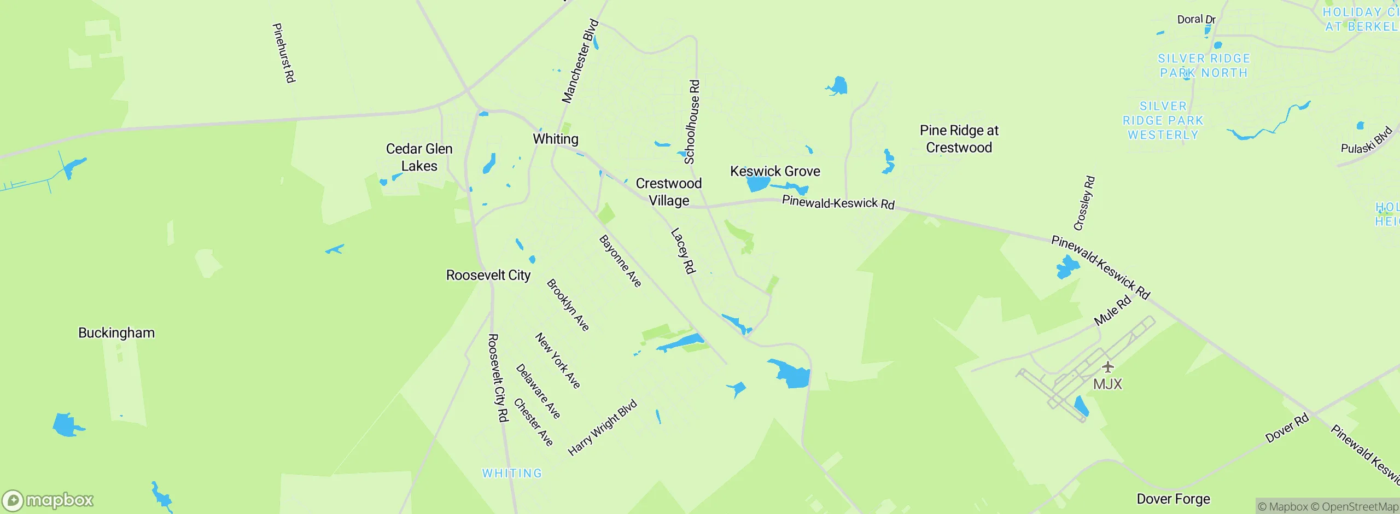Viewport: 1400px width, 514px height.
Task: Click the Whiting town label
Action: click(556, 139)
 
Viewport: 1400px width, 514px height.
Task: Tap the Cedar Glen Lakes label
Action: click(419, 157)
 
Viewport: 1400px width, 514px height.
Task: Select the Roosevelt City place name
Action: click(488, 275)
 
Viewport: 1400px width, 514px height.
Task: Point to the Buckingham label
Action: click(116, 333)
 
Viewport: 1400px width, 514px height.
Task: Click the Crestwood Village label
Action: click(669, 192)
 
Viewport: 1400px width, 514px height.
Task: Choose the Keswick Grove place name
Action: click(775, 171)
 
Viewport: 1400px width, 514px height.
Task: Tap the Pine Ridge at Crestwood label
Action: click(959, 139)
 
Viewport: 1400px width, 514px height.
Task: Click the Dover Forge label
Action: click(1173, 499)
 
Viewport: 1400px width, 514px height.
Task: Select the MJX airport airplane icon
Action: click(1108, 367)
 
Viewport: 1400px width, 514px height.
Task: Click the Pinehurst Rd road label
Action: click(284, 53)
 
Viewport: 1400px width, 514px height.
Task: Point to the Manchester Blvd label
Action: click(580, 61)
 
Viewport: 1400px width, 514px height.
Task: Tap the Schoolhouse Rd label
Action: click(692, 122)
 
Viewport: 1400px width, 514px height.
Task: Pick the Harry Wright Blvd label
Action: click(603, 428)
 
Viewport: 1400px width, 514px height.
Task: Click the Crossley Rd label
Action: click(1084, 203)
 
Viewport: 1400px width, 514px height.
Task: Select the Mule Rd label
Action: click(1112, 312)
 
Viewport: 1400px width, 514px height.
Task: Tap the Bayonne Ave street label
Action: click(620, 261)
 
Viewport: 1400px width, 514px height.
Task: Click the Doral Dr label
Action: click(1196, 20)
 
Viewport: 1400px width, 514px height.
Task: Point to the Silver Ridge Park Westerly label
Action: click(1163, 120)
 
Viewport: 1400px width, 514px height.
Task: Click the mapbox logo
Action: click(48, 500)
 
